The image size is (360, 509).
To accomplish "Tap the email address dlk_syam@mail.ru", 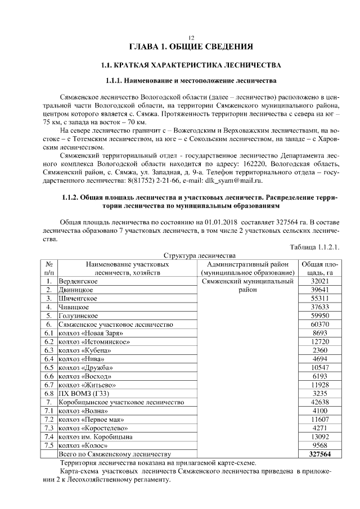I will (x=233, y=181).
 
